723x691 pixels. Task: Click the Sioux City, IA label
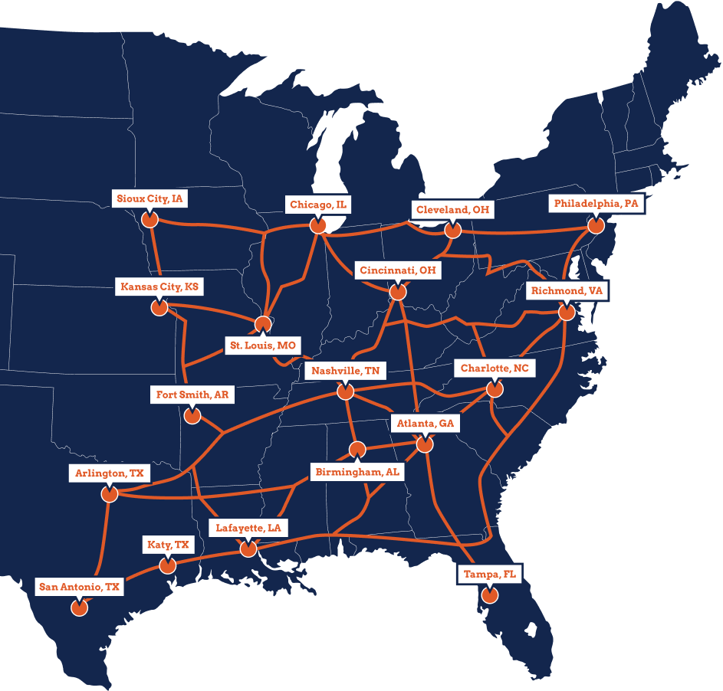click(150, 199)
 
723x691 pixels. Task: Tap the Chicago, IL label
click(317, 205)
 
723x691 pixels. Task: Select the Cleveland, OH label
click(452, 209)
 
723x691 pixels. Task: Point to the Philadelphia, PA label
click(596, 204)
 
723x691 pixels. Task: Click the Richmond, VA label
click(567, 291)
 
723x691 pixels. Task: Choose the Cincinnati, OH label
click(397, 270)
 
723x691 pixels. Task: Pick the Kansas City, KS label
click(159, 287)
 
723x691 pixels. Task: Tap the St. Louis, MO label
click(262, 345)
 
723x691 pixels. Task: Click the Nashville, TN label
click(345, 371)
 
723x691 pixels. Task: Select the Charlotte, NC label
click(494, 368)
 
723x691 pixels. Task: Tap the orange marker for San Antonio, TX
click(78, 608)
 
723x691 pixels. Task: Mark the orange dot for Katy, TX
click(166, 566)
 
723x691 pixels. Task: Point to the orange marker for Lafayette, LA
click(248, 549)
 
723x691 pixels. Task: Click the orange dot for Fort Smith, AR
click(192, 416)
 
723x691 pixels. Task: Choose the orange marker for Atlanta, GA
click(425, 444)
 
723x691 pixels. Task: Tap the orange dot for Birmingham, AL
click(357, 450)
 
